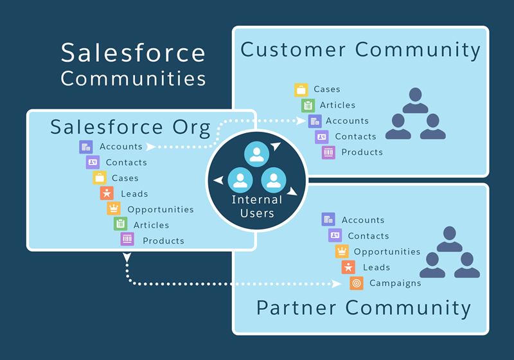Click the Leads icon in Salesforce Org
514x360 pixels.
(x=107, y=194)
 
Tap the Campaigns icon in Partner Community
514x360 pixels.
(x=357, y=283)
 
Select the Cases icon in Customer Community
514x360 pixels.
(x=301, y=89)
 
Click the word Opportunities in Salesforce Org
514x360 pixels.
(x=161, y=210)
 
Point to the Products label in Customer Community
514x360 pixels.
(x=362, y=152)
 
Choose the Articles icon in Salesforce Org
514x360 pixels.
(x=120, y=224)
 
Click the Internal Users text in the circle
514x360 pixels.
(x=257, y=206)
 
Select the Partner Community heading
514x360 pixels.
(x=364, y=307)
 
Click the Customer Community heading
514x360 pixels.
(x=360, y=50)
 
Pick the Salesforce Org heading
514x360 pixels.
(x=130, y=127)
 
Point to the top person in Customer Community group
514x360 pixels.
(x=415, y=100)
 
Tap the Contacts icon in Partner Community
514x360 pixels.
(x=335, y=236)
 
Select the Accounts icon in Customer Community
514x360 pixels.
(x=314, y=121)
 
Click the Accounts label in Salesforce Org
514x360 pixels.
(x=121, y=147)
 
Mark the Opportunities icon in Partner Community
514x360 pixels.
(x=342, y=251)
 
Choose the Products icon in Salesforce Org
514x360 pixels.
(x=127, y=240)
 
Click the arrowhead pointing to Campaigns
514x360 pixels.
(x=337, y=283)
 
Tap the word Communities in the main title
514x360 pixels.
(x=133, y=78)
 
